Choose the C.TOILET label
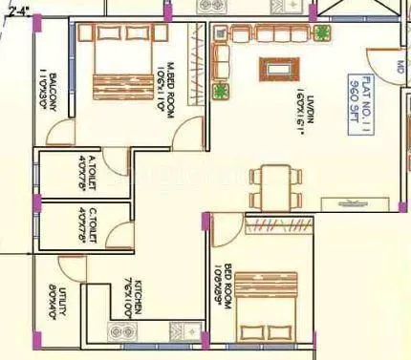tap(85, 227)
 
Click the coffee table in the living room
tap(280, 72)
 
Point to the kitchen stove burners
tap(121, 333)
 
